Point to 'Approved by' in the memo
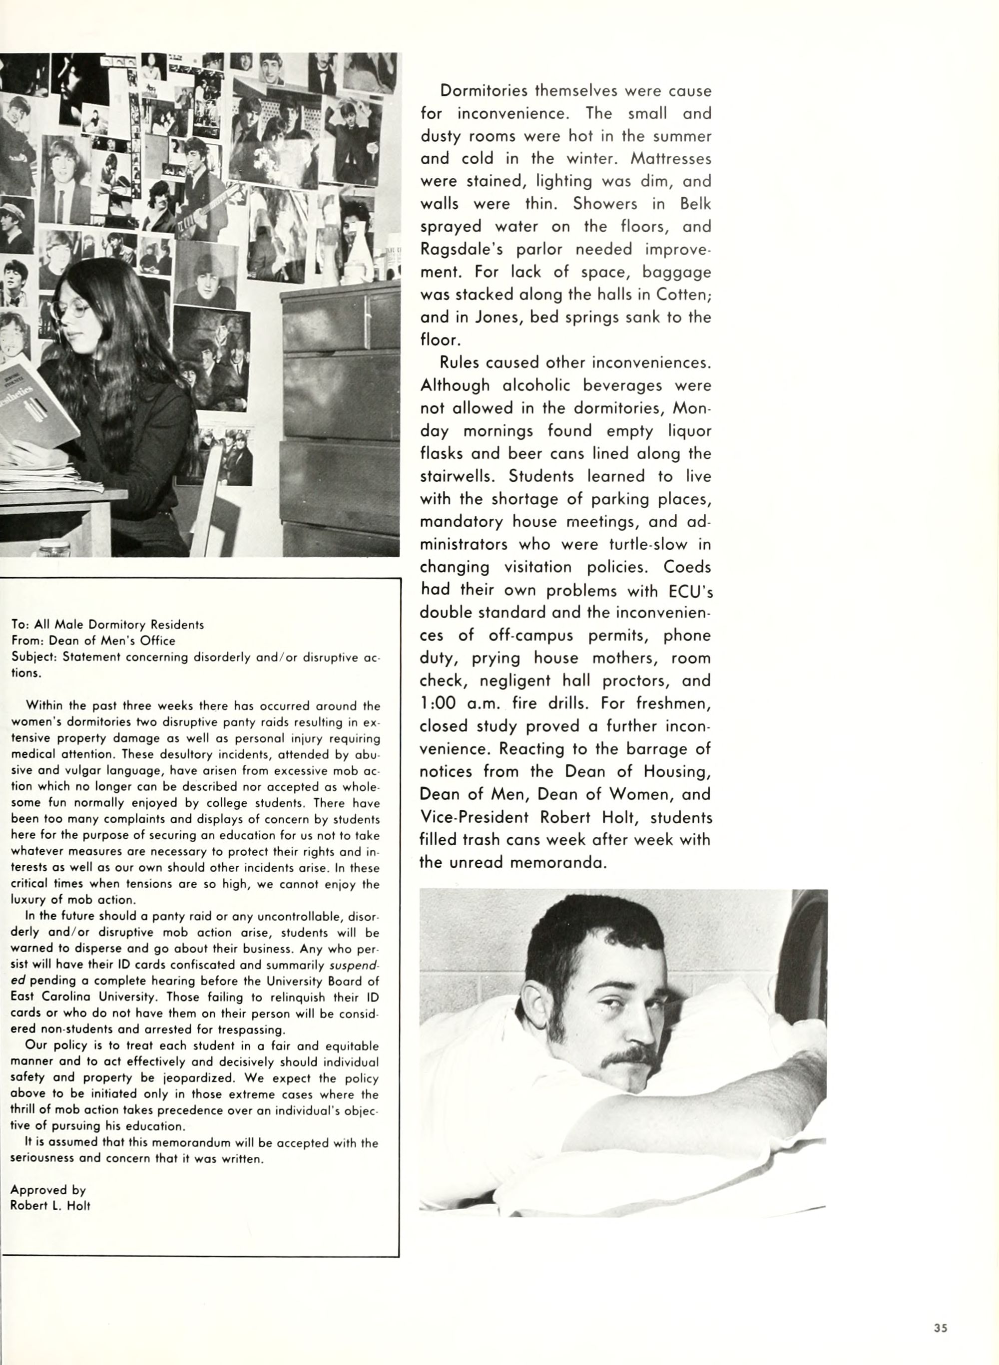coord(48,1190)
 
